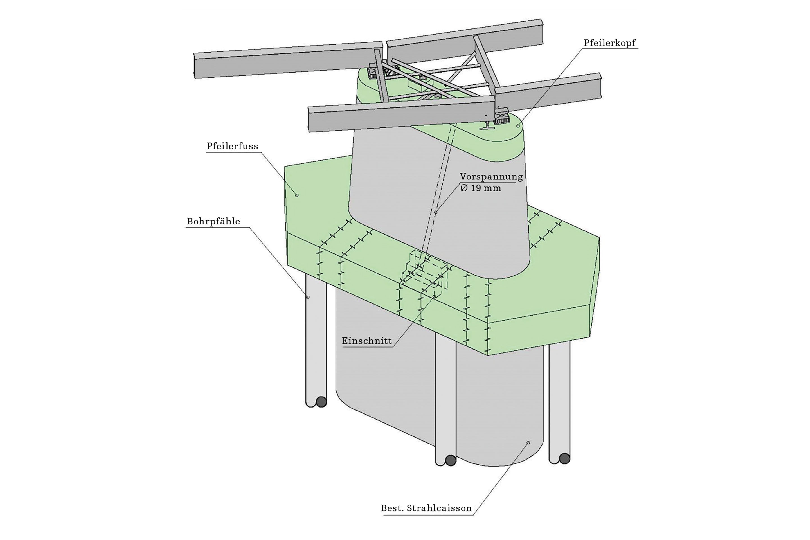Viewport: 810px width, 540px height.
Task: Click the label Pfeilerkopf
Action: [x=609, y=43]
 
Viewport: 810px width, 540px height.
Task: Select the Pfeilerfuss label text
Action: [x=232, y=146]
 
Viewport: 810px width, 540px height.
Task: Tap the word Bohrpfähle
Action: [x=213, y=221]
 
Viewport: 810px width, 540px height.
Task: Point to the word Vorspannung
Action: [x=491, y=177]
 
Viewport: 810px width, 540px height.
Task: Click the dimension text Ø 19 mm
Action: [x=481, y=188]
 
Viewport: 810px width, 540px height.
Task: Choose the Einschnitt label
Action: [x=367, y=341]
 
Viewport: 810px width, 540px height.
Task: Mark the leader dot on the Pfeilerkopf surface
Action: [x=517, y=126]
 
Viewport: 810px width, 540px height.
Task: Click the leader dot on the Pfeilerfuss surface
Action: [x=297, y=195]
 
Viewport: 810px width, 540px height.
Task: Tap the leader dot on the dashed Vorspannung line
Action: [x=436, y=213]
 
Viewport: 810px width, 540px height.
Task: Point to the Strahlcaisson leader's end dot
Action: [x=528, y=442]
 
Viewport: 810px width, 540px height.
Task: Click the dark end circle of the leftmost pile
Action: [x=321, y=402]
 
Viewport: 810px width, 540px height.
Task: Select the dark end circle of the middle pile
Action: [x=451, y=460]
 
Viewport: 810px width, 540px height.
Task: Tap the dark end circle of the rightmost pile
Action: [x=564, y=458]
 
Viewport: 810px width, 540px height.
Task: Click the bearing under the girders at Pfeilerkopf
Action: [x=501, y=117]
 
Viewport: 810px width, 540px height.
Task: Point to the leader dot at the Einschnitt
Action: [x=434, y=296]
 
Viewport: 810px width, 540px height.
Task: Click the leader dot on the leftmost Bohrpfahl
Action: [x=308, y=297]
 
